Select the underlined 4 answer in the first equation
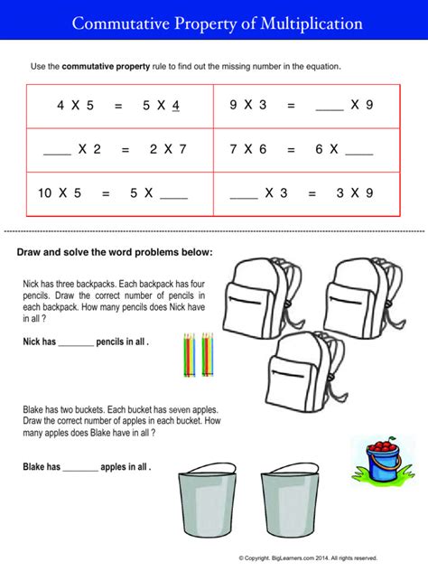[x=176, y=107]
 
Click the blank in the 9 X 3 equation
[x=330, y=107]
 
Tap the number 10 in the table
[x=45, y=193]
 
